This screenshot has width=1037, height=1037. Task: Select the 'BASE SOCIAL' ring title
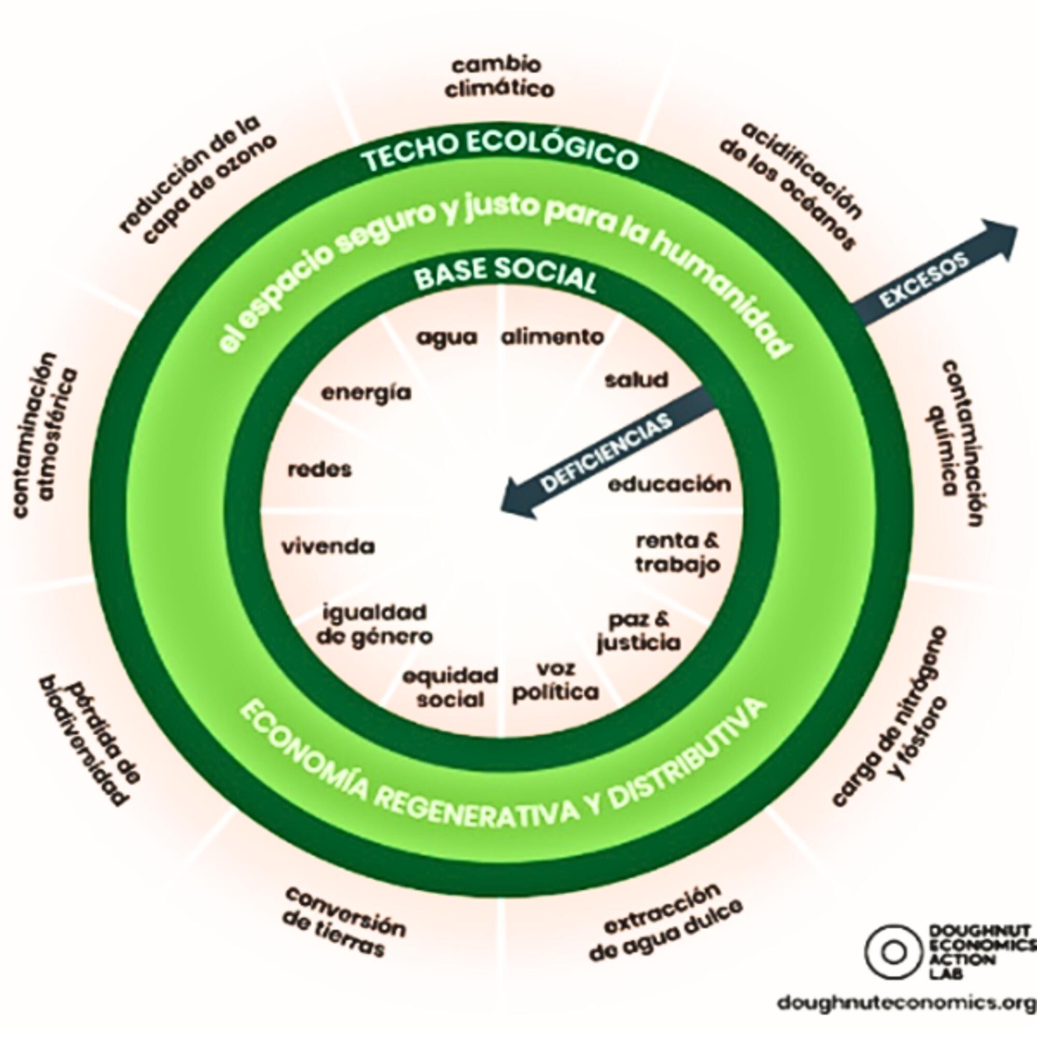[506, 274]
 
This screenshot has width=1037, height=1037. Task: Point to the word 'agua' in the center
[447, 338]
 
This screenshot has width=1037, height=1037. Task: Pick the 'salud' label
[637, 380]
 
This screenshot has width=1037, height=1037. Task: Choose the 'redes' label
[320, 470]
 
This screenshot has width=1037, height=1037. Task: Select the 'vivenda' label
[329, 547]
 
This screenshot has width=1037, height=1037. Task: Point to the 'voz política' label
[555, 681]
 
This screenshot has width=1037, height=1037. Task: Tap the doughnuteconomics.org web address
[907, 1003]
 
